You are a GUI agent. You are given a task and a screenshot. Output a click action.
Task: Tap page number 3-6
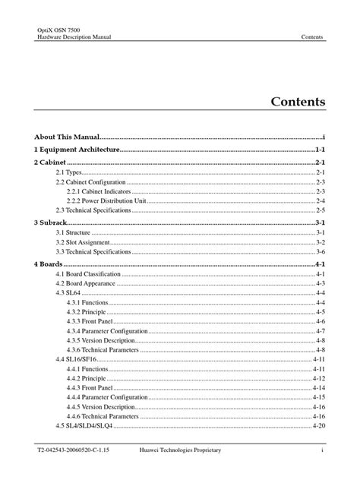pyautogui.click(x=321, y=251)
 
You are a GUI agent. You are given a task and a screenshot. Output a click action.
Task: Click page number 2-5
pyautogui.click(x=321, y=210)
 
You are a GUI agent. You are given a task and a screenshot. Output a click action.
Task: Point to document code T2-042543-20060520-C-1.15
pyautogui.click(x=74, y=451)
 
